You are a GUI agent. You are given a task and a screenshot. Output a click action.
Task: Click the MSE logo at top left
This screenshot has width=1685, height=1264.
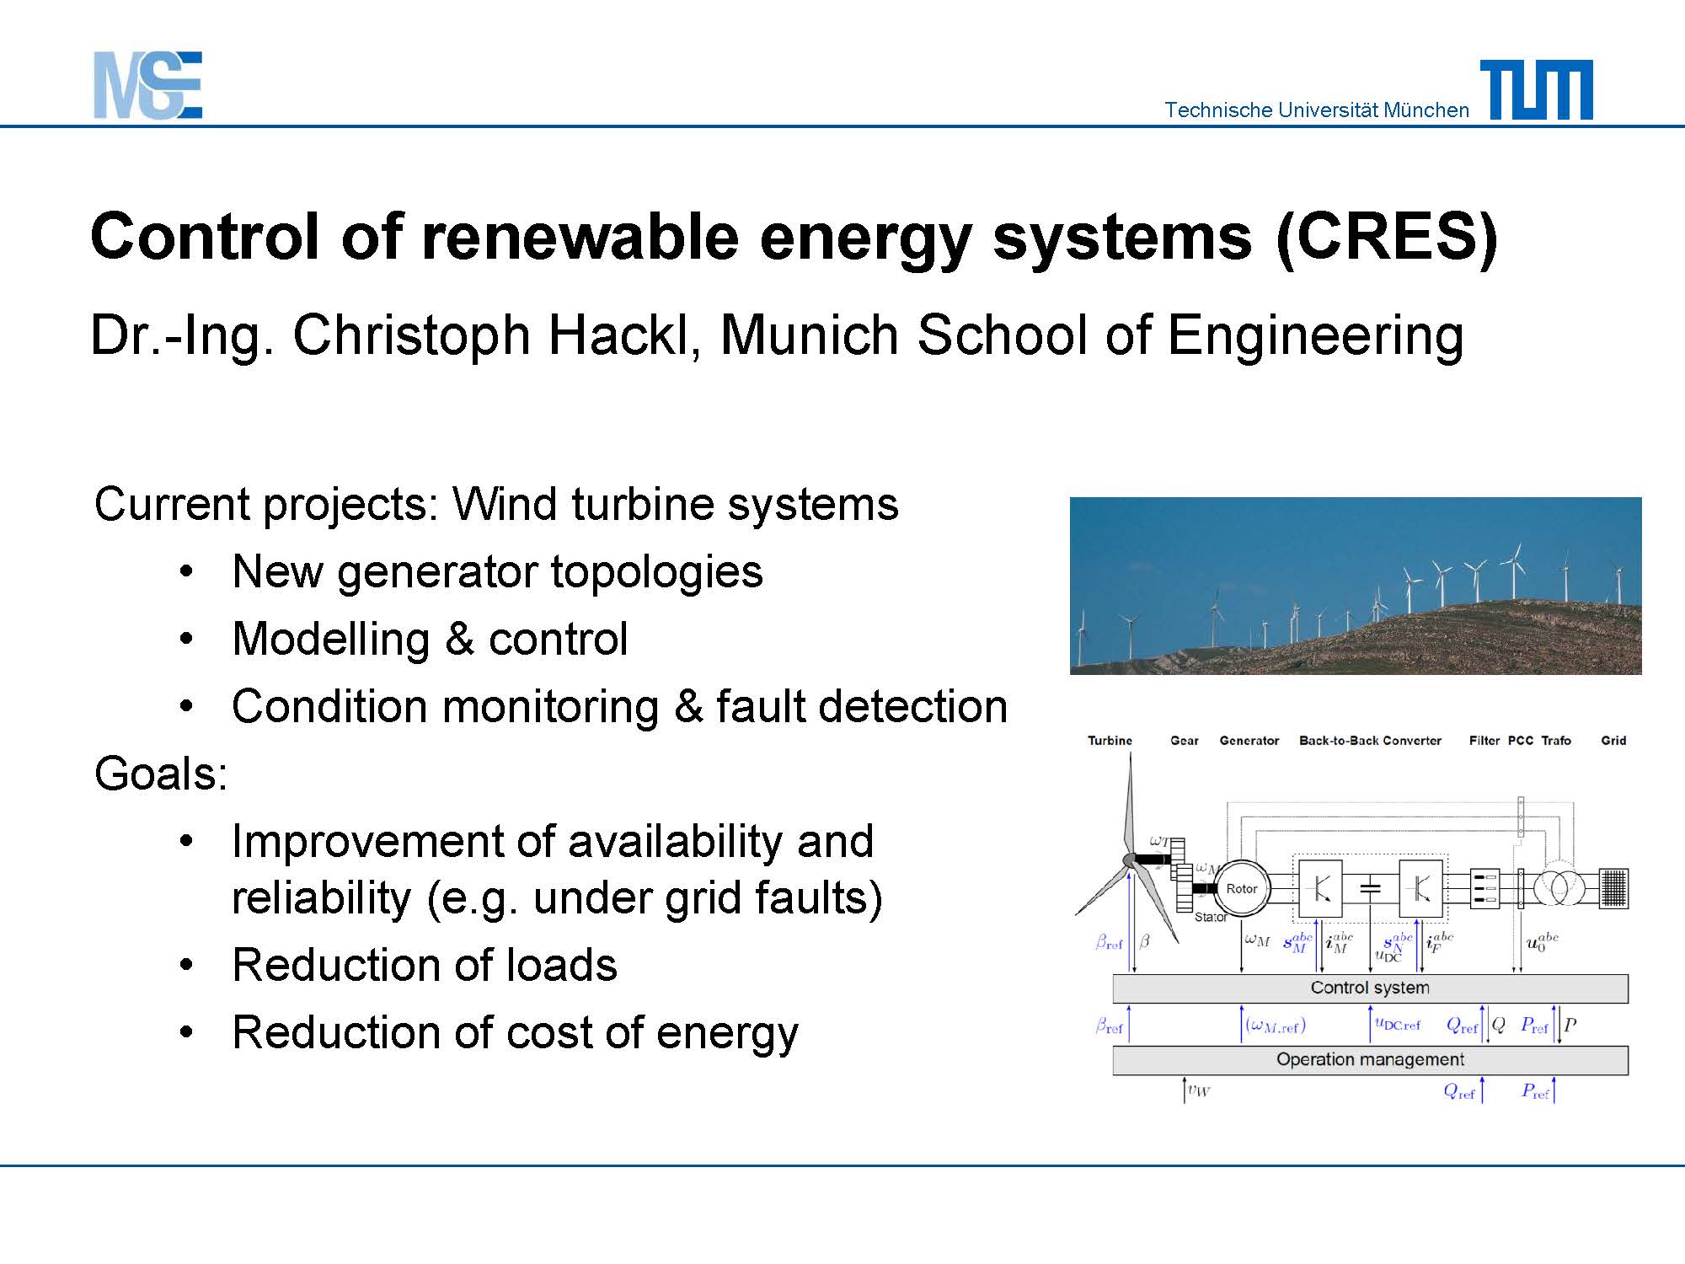147,85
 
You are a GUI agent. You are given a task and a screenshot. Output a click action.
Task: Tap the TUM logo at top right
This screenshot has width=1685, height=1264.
1537,89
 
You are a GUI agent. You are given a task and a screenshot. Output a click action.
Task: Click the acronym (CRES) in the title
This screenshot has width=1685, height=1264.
1387,238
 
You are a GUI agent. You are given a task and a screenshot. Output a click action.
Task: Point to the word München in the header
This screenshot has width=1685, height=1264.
1426,110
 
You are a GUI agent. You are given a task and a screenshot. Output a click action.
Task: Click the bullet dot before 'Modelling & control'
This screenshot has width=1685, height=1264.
187,638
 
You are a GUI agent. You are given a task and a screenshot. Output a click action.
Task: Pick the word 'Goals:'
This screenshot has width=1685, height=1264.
161,774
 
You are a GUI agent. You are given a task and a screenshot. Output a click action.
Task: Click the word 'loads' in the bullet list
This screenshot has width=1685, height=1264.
561,965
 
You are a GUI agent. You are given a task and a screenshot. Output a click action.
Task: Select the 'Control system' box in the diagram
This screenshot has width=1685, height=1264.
1370,988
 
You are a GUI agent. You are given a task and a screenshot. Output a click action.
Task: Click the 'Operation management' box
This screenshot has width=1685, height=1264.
1370,1060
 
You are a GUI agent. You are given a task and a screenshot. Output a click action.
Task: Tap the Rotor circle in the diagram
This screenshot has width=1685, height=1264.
1241,888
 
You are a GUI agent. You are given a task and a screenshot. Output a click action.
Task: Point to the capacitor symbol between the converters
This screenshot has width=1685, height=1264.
1371,887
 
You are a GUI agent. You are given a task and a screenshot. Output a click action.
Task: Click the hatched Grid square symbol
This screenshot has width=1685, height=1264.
1613,888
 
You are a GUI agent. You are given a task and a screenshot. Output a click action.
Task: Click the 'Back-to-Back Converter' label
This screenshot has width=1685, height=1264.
1370,741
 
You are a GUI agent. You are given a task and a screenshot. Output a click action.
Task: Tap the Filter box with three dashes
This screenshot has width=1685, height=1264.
1484,888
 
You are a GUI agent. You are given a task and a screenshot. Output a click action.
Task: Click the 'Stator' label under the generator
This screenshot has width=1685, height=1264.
1211,917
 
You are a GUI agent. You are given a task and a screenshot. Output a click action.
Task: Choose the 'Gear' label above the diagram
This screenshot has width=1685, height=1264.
1184,741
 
